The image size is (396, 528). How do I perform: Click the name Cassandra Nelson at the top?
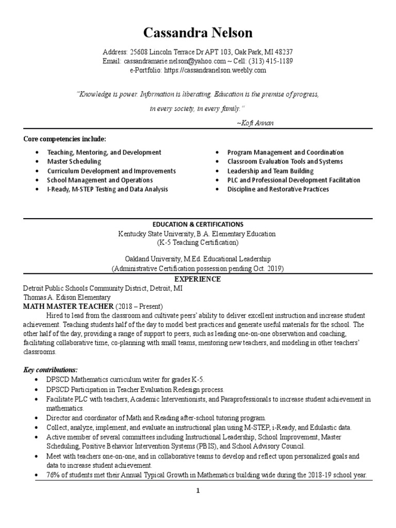coord(197,34)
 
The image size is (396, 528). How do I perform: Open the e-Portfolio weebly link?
coord(215,70)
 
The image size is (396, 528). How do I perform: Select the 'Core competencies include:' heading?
coord(64,139)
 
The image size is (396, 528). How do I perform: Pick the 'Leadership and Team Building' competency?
coord(270,171)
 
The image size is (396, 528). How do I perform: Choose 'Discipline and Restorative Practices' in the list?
coord(278,189)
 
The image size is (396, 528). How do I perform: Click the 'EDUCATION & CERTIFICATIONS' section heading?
coord(197,224)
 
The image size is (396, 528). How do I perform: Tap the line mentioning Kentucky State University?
coord(197,234)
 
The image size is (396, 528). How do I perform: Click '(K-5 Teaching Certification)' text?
coord(197,242)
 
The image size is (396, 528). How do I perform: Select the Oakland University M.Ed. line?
coord(197,259)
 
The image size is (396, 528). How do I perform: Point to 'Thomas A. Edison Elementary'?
coord(67,298)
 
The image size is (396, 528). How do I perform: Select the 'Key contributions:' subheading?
coord(51,370)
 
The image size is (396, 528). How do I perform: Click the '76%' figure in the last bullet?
coord(55,475)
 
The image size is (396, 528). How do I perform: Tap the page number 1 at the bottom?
coord(198,491)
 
